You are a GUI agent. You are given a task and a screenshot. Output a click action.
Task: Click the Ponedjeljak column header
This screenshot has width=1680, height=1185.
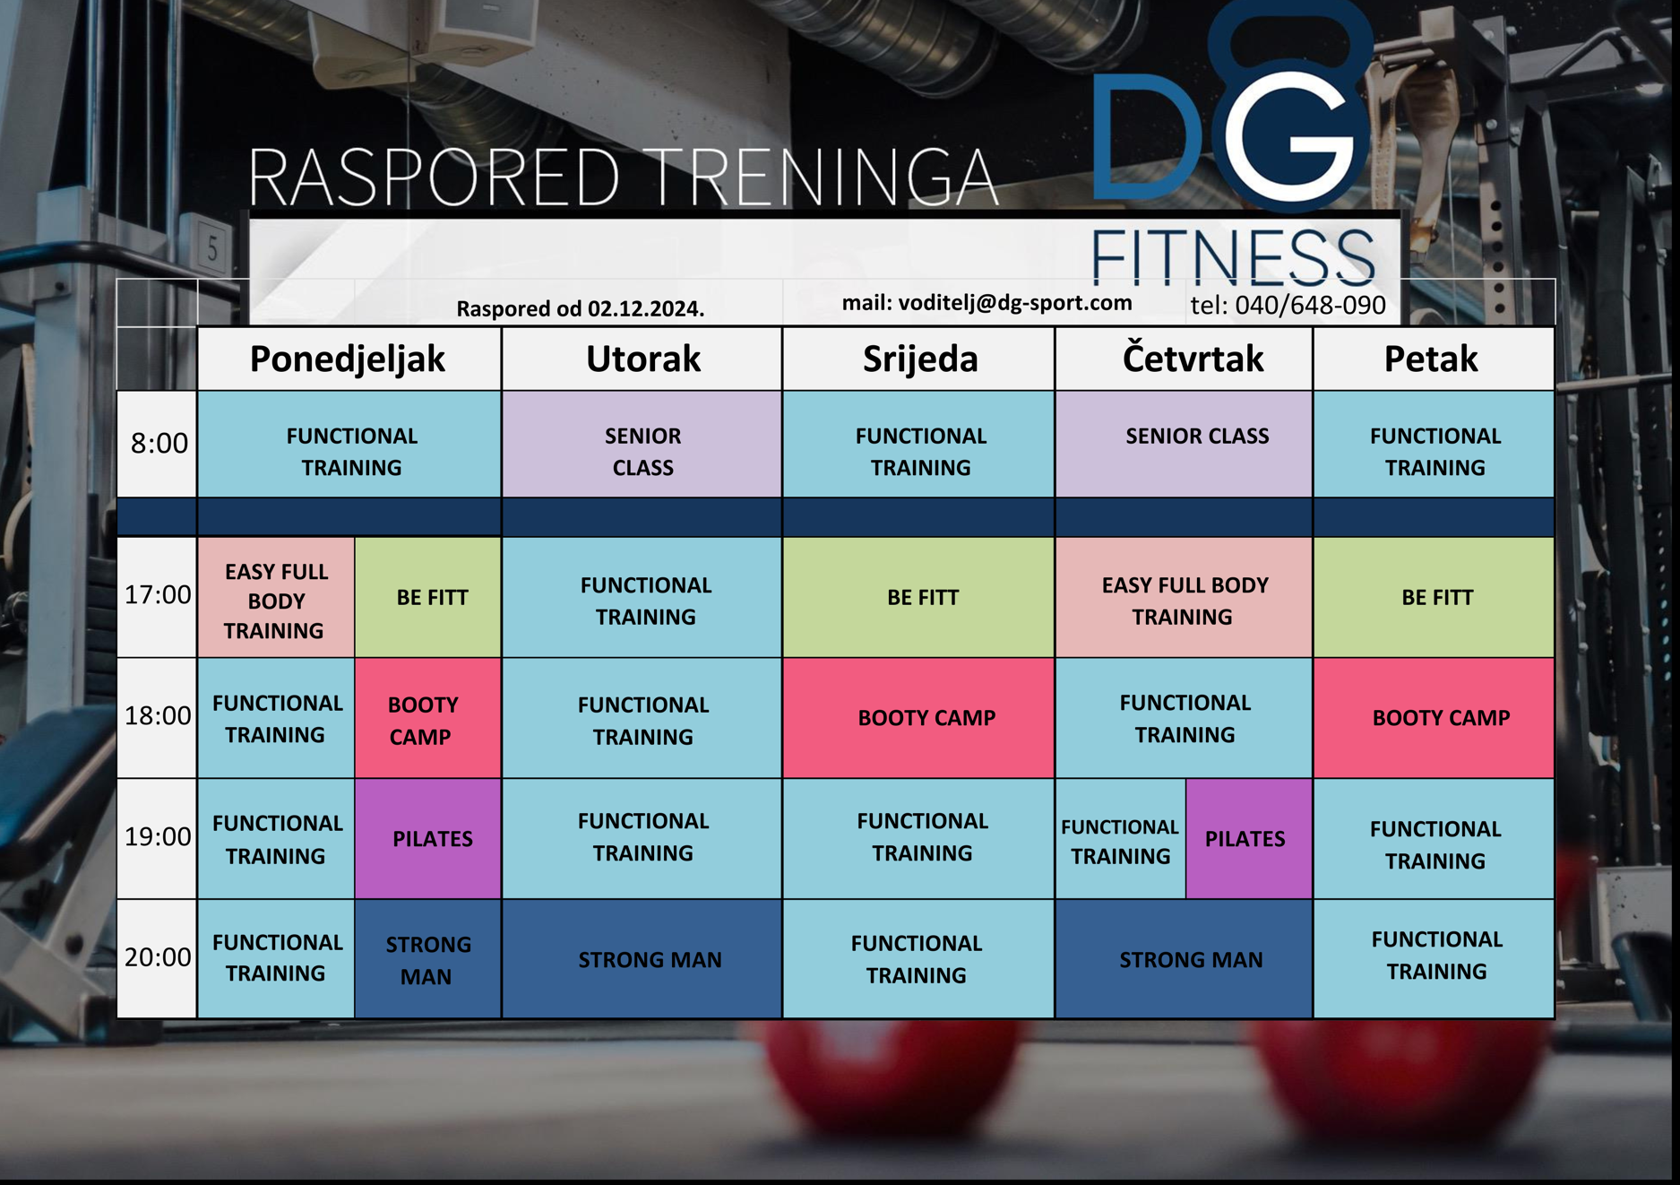[x=349, y=359]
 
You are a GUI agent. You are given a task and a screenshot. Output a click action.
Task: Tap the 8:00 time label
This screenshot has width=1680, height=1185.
[x=159, y=443]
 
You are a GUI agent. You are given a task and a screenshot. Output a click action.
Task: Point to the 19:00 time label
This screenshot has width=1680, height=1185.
[x=158, y=836]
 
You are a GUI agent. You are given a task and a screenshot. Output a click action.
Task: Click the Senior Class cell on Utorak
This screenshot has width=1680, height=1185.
[x=642, y=444]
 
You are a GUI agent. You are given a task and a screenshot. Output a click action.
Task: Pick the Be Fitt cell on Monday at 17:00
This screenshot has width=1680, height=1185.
[x=428, y=598]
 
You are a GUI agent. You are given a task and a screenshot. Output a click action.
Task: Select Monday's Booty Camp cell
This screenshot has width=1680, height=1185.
[x=428, y=718]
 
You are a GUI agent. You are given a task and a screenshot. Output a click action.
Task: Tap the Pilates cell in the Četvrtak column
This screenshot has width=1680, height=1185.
[x=1249, y=839]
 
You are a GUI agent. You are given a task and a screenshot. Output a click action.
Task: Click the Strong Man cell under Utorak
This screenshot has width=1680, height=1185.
[x=642, y=959]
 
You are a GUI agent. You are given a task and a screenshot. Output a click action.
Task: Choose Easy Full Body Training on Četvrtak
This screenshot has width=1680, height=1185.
[x=1184, y=598]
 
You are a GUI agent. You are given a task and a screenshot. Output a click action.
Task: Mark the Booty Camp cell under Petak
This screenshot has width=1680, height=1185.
[x=1434, y=718]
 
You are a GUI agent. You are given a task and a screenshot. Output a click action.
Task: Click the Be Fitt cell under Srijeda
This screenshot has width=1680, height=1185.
[x=918, y=598]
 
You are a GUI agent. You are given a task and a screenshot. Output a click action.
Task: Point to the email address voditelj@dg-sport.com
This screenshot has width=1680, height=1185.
[x=1015, y=303]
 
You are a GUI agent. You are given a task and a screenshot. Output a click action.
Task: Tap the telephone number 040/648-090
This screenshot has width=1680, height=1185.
[x=1310, y=306]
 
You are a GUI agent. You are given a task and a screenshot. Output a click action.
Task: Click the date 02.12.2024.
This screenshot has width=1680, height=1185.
[x=646, y=309]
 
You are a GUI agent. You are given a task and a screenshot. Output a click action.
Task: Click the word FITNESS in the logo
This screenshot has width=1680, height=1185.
[x=1233, y=257]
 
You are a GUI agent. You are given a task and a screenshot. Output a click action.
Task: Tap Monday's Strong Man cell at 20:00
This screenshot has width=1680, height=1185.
[x=428, y=959]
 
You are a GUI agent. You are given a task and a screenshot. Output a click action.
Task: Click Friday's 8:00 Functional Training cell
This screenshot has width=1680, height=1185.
[x=1434, y=444]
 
